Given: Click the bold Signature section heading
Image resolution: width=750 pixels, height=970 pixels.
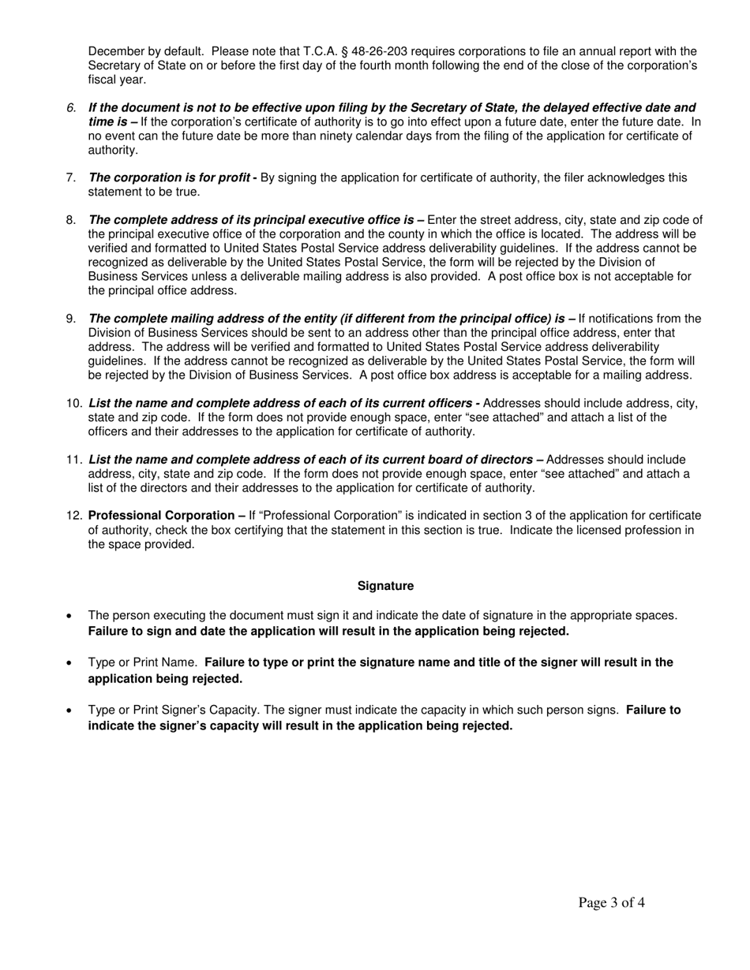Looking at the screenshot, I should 385,586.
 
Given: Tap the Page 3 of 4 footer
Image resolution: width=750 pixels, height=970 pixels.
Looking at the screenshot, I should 611,903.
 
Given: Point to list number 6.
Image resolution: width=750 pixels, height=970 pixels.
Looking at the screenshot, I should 71,108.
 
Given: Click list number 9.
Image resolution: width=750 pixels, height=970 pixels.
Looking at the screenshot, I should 71,319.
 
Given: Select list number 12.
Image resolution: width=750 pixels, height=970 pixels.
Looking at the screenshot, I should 74,517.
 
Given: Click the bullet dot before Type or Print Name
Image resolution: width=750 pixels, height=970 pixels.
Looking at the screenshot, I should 71,663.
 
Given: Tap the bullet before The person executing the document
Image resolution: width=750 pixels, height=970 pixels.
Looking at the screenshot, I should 71,616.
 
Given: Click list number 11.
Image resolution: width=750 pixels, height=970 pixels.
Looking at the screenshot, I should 74,460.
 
